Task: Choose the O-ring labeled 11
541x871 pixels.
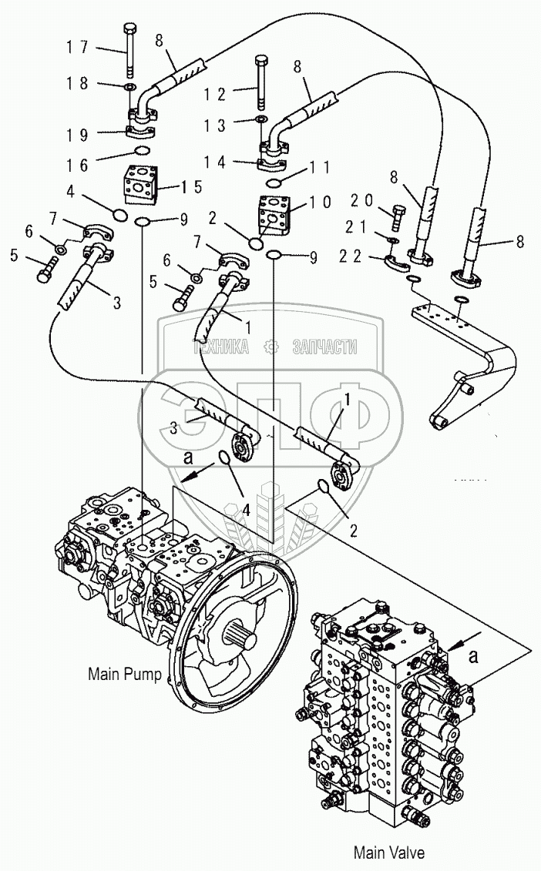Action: [x=273, y=183]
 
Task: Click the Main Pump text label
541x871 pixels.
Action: [x=124, y=675]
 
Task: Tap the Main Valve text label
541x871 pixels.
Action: [x=388, y=853]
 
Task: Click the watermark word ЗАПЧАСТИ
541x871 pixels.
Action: [x=324, y=347]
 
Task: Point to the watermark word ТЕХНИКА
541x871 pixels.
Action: [x=221, y=347]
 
